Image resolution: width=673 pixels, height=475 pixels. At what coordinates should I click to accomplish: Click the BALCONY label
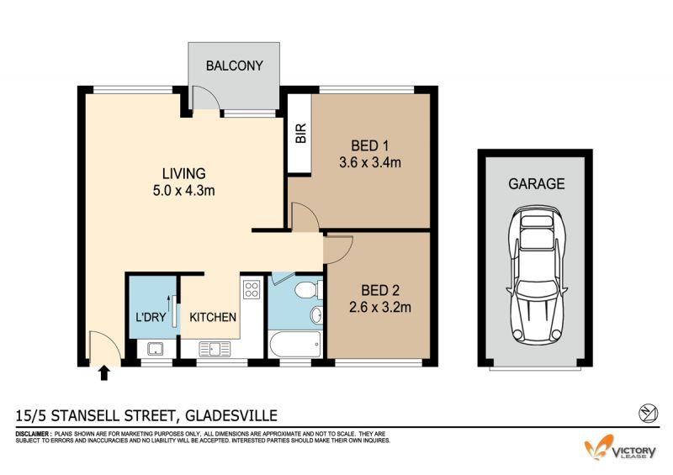tap(235, 66)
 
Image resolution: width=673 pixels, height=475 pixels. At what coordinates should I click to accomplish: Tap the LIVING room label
tap(183, 173)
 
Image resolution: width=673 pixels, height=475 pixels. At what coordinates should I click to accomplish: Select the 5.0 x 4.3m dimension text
tap(183, 190)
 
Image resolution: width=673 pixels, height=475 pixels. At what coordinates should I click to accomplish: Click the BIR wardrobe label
tap(301, 133)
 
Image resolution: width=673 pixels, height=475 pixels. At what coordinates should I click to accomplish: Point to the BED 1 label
tap(369, 146)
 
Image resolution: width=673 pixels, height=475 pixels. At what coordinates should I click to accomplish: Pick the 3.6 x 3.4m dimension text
tap(370, 162)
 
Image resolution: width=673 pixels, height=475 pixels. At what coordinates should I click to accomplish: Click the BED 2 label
tap(380, 291)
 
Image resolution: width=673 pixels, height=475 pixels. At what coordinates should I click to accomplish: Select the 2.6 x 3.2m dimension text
tap(380, 307)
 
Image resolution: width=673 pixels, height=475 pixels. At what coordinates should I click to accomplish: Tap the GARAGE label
tap(537, 183)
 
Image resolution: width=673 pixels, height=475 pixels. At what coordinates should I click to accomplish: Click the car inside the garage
tap(537, 275)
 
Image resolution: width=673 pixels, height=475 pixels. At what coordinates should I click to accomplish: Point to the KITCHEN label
tap(213, 317)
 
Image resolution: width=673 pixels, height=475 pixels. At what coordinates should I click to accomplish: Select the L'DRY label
tap(151, 317)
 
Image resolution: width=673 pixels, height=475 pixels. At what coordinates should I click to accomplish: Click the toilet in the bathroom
tap(309, 290)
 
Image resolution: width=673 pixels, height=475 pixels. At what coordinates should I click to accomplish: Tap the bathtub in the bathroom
tap(295, 344)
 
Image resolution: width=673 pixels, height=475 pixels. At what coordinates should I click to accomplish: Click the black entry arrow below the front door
tap(103, 373)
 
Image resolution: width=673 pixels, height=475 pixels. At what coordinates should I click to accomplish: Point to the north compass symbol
tap(648, 414)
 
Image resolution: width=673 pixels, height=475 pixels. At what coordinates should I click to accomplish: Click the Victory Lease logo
tap(620, 447)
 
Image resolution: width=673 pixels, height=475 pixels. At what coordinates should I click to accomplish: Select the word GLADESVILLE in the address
tap(231, 415)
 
